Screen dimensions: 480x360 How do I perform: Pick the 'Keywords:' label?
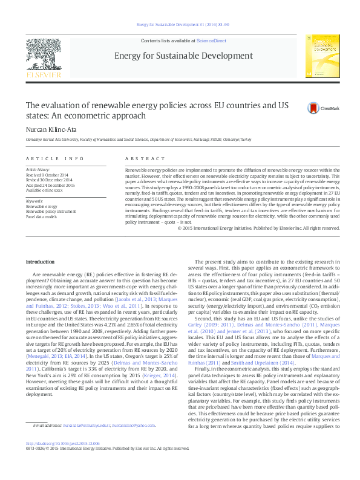point(34,201)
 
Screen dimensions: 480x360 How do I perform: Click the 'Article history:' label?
point(38,170)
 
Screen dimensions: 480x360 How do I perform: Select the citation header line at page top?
point(179,26)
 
